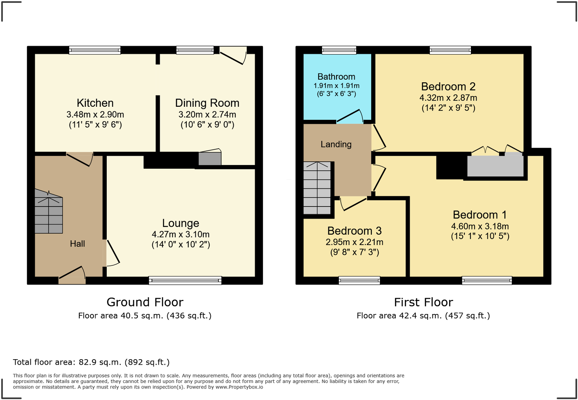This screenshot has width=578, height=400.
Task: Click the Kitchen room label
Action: pyautogui.click(x=95, y=103)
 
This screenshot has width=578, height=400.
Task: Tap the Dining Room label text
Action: pyautogui.click(x=207, y=103)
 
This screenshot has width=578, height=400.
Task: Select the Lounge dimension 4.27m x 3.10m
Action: pyautogui.click(x=181, y=234)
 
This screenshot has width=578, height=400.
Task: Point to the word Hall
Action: pyautogui.click(x=77, y=244)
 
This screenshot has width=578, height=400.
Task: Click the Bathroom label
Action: pyautogui.click(x=336, y=77)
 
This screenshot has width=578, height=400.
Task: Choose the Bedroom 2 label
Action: pyautogui.click(x=448, y=86)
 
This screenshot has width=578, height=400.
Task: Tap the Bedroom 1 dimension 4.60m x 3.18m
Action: pyautogui.click(x=480, y=226)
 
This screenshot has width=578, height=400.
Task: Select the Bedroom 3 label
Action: pyautogui.click(x=354, y=231)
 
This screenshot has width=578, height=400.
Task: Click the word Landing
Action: pyautogui.click(x=336, y=144)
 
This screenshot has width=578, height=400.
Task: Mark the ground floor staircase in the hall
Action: pyautogui.click(x=49, y=211)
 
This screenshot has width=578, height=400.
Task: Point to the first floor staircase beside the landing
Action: pyautogui.click(x=317, y=188)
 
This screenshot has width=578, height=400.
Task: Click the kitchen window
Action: pyautogui.click(x=95, y=50)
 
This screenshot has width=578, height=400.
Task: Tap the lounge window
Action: pyautogui.click(x=185, y=280)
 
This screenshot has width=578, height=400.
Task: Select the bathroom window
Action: pyautogui.click(x=339, y=50)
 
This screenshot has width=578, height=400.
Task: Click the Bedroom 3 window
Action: pyautogui.click(x=359, y=280)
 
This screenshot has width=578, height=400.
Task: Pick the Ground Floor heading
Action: pyautogui.click(x=145, y=302)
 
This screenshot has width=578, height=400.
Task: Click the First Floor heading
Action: pyautogui.click(x=423, y=302)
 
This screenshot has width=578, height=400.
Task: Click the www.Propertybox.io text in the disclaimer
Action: pyautogui.click(x=239, y=387)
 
